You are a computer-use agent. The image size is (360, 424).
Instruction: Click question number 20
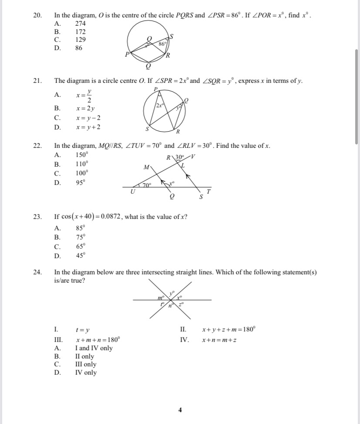click(x=37, y=16)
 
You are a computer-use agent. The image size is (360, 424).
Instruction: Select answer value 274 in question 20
click(x=81, y=24)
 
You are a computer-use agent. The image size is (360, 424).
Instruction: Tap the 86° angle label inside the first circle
click(x=162, y=44)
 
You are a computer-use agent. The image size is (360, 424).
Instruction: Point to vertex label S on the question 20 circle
click(x=171, y=37)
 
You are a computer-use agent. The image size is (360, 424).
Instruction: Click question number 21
click(x=37, y=81)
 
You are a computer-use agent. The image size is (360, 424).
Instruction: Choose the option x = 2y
click(x=85, y=108)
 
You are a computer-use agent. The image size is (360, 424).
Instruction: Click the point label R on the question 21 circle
click(x=178, y=132)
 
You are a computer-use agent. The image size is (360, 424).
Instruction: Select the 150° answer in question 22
click(x=82, y=154)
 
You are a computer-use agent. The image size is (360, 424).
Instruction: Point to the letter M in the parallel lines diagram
click(x=146, y=167)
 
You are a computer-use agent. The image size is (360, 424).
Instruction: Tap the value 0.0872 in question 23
click(x=109, y=217)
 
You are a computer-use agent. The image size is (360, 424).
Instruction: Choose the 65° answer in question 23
click(x=81, y=246)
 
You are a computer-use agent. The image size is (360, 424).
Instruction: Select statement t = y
click(x=83, y=330)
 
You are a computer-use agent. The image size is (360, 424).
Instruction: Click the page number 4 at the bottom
click(x=180, y=410)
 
